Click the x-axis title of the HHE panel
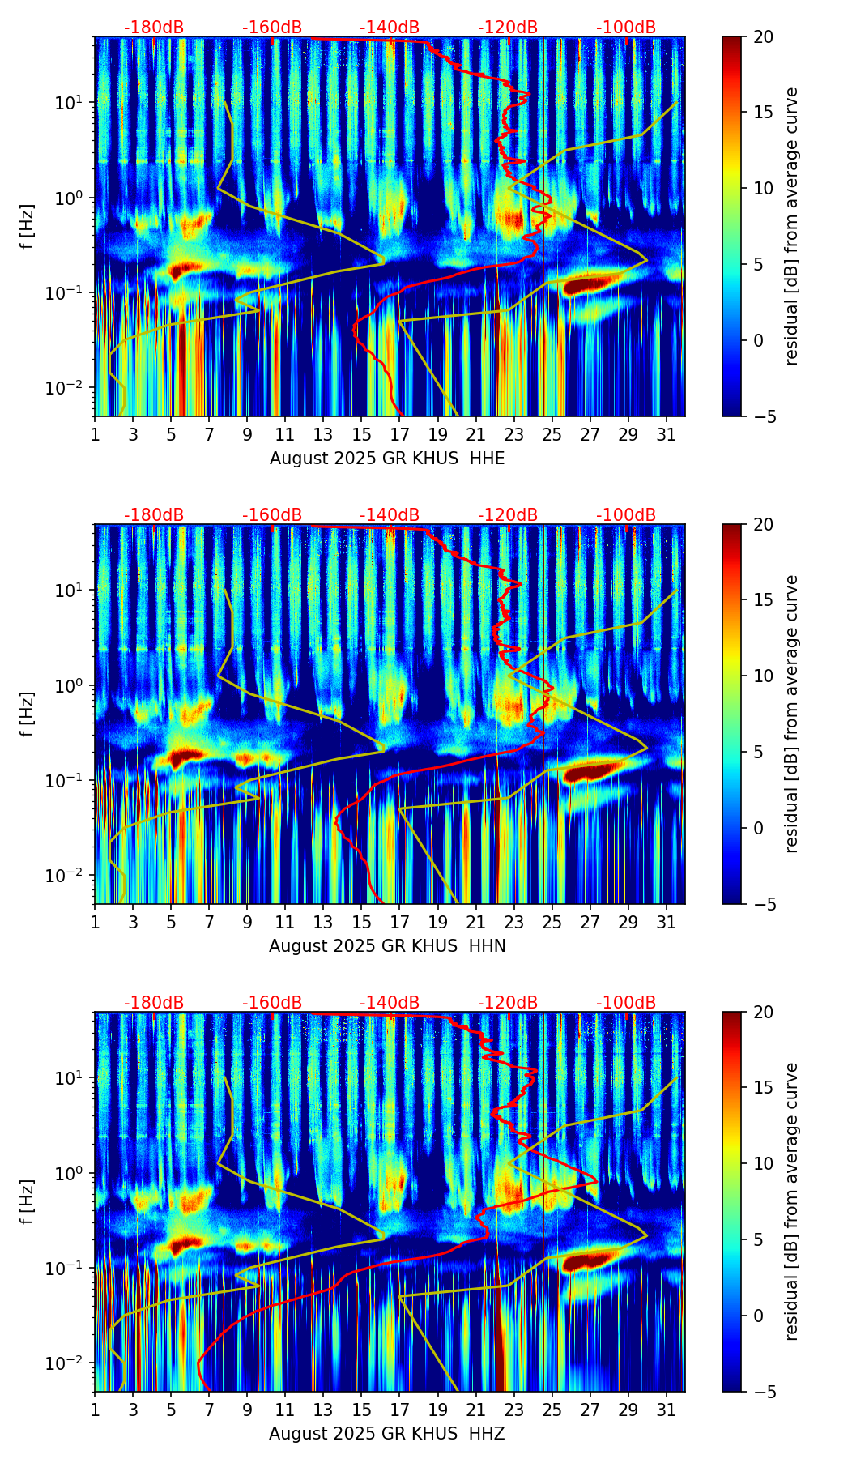click(386, 459)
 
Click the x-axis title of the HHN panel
click(386, 946)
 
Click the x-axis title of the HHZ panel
click(386, 1434)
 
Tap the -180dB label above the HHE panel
click(154, 28)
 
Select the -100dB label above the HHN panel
click(626, 515)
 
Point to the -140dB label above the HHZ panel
click(390, 1003)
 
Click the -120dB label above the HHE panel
click(508, 28)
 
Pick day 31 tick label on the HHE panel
click(667, 435)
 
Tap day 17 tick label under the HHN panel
click(400, 923)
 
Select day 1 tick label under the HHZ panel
click(95, 1410)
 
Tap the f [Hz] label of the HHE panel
click(28, 226)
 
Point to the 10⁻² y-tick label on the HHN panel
click(70, 876)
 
